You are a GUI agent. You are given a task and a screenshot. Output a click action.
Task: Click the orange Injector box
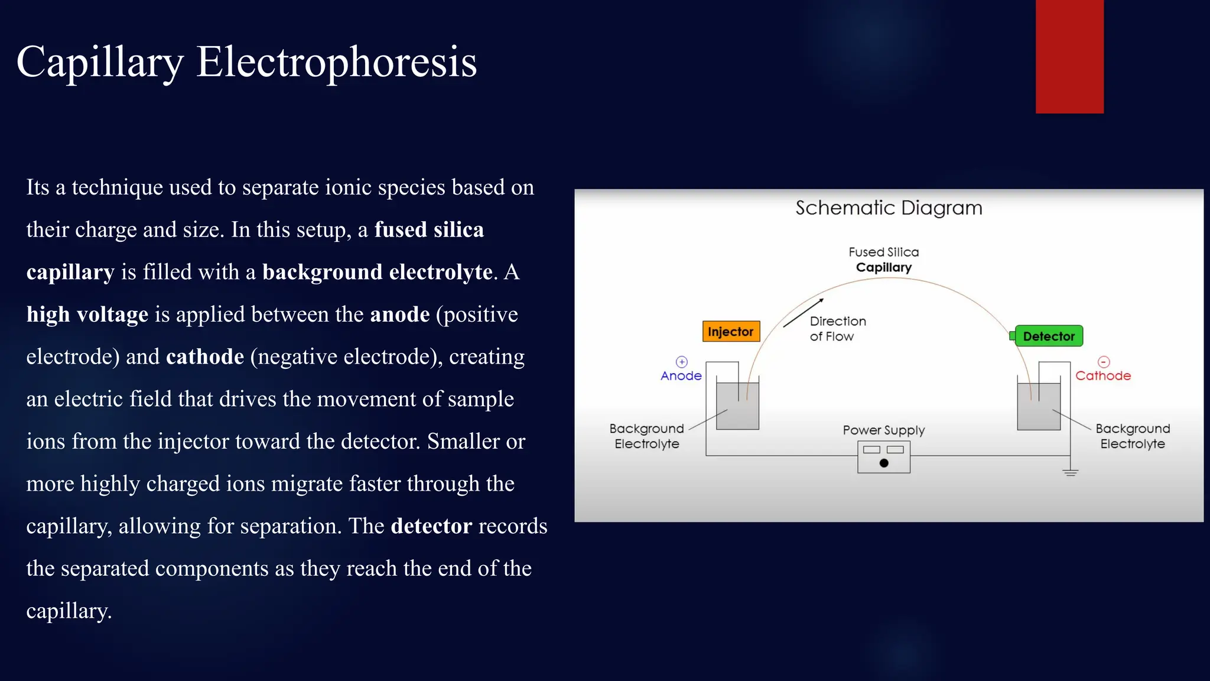(731, 332)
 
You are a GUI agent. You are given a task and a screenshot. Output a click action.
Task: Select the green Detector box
(1048, 336)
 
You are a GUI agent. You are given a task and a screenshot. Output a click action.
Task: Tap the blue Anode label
(681, 376)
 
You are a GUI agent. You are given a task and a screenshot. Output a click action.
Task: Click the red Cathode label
(1102, 376)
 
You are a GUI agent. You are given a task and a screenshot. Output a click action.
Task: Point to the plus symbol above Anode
(682, 362)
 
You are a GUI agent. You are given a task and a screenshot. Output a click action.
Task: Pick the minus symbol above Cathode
(1104, 362)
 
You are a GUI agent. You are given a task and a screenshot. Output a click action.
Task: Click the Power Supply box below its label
(883, 457)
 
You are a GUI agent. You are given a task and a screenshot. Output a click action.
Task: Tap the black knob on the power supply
(884, 463)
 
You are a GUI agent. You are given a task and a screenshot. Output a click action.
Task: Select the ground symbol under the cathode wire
(1070, 472)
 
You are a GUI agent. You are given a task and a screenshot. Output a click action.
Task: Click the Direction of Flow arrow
(803, 313)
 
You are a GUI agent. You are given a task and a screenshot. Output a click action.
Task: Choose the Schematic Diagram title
(889, 208)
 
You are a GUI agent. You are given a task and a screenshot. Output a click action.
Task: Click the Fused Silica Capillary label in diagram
(884, 260)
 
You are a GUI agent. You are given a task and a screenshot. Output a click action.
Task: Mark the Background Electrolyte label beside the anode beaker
(646, 436)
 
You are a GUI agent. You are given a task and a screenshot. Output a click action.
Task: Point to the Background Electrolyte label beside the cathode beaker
(1132, 436)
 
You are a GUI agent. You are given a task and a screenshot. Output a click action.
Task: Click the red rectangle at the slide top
(1069, 57)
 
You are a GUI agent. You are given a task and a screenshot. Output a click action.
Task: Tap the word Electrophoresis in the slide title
(336, 62)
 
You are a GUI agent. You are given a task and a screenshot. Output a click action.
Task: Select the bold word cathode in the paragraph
(205, 357)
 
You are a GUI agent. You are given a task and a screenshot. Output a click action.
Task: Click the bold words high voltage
(87, 314)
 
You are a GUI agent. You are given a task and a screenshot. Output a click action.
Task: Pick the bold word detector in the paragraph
(431, 526)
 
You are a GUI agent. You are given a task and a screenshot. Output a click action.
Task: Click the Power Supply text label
(883, 430)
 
